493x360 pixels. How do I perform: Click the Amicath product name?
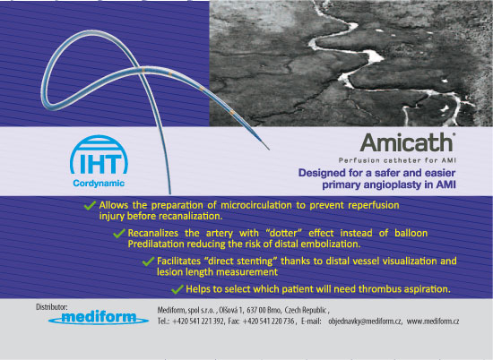pos(407,142)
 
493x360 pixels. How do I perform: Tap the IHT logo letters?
pos(99,164)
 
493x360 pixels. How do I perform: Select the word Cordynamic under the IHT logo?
pos(99,184)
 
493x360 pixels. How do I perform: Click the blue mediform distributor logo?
pos(99,318)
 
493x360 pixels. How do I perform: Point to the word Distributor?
pos(52,307)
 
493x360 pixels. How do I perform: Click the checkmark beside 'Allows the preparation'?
pos(90,205)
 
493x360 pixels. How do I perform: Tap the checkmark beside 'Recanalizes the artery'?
pos(119,233)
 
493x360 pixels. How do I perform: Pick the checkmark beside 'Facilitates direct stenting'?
pos(148,261)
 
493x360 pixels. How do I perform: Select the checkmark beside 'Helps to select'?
pos(177,289)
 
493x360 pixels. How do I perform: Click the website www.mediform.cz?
pos(433,321)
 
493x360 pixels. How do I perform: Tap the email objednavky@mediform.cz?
pos(365,321)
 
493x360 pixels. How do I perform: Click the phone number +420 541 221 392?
pos(198,321)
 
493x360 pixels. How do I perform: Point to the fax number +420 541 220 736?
pos(269,321)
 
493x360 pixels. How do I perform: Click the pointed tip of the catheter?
pos(269,150)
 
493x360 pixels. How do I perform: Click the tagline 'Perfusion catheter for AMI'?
pos(397,160)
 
